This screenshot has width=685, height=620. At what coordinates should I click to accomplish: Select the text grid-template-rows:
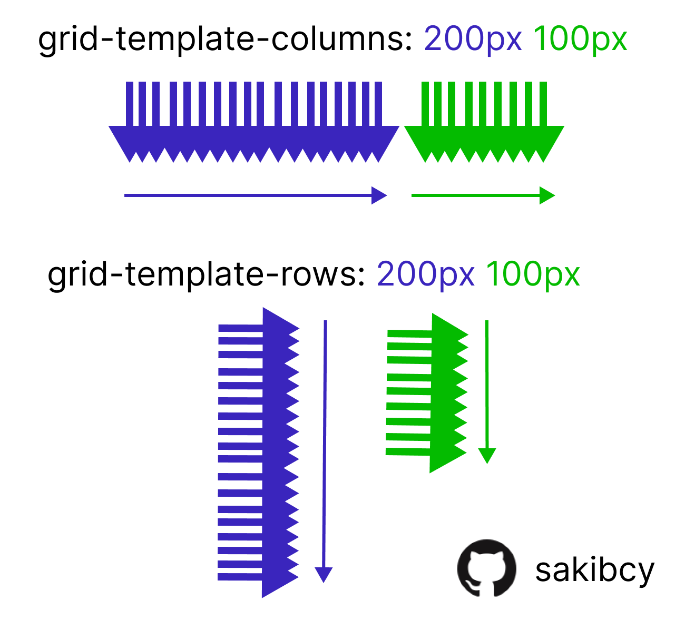[x=206, y=274]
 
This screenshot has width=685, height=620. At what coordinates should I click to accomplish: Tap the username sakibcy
[x=594, y=570]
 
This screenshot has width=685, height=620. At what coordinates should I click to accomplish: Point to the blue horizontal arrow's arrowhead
[x=379, y=195]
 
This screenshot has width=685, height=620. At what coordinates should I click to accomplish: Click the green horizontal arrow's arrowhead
[x=547, y=195]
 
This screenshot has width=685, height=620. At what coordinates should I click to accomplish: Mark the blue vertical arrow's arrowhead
[x=324, y=575]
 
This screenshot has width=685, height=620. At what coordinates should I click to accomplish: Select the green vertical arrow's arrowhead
[x=487, y=456]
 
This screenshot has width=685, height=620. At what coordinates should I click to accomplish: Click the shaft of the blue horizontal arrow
[x=248, y=195]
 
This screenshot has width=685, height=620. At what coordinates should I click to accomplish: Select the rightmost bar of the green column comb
[x=543, y=104]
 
